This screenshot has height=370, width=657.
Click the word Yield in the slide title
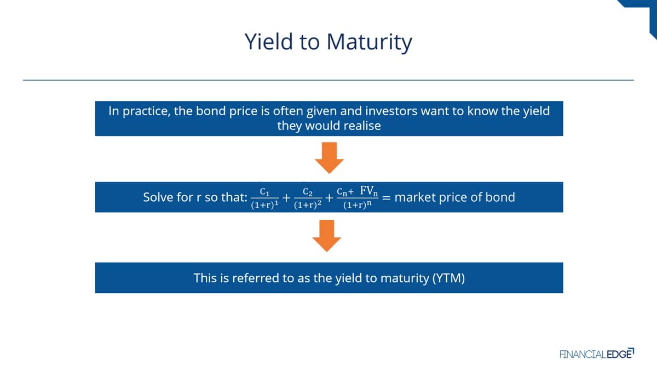click(x=269, y=42)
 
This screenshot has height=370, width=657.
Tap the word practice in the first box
click(x=146, y=111)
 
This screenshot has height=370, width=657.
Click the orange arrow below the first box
click(x=329, y=158)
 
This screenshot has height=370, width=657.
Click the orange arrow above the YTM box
click(x=327, y=236)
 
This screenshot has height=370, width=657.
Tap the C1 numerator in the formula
click(x=264, y=192)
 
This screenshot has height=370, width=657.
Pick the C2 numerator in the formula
click(x=308, y=192)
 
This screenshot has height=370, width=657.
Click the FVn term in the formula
click(x=368, y=191)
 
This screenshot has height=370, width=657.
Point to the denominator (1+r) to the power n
click(x=357, y=204)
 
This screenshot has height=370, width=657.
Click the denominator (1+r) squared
click(x=308, y=204)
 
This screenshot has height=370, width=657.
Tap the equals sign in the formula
click(x=387, y=198)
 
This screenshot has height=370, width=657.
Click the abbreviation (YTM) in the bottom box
click(x=449, y=278)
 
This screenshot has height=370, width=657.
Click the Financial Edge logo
click(x=597, y=354)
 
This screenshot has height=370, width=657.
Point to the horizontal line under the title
click(x=328, y=80)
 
